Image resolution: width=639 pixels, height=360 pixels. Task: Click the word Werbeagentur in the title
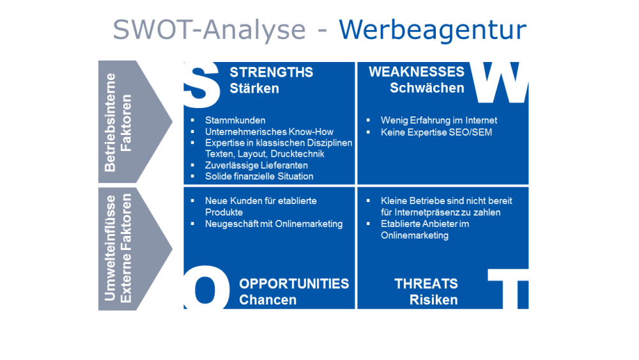point(433,29)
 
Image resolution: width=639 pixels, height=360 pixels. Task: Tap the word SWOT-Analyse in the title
point(209,29)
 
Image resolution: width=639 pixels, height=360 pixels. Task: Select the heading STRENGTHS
point(272,72)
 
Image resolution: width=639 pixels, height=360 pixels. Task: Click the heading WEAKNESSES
point(417,72)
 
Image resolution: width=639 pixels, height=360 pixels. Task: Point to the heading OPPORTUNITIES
point(294,284)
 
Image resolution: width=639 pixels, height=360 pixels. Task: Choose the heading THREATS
point(426,284)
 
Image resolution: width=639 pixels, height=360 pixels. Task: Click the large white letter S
point(202,85)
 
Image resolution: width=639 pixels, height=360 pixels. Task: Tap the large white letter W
point(500,82)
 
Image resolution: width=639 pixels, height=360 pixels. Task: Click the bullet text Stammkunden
point(235,120)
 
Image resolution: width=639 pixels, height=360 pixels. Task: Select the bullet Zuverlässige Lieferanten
point(256,165)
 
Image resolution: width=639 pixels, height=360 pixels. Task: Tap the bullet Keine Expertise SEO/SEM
point(436,132)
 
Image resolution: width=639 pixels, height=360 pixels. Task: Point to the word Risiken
point(434,300)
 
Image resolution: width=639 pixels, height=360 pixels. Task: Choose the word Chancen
point(268,300)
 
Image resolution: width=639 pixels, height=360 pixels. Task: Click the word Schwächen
point(427,88)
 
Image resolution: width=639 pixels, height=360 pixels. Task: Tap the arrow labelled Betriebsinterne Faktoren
point(135,121)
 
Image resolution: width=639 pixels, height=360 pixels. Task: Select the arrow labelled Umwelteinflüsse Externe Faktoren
point(135,249)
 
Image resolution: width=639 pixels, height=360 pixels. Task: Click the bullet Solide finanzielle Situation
point(259,176)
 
